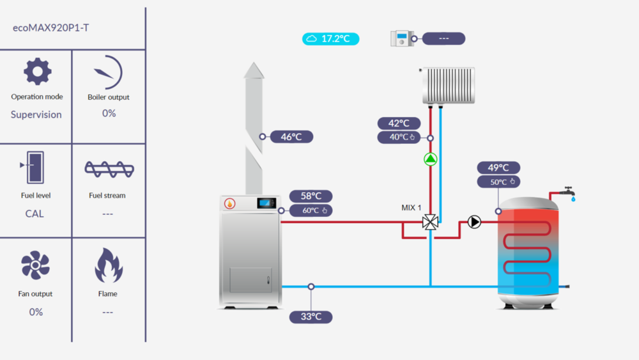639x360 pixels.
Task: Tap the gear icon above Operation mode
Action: [x=37, y=72]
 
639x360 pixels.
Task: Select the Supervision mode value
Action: [x=36, y=114]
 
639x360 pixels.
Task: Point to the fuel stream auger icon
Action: [x=109, y=169]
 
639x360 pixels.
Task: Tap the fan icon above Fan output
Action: [x=35, y=265]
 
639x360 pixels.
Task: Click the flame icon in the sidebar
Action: [x=108, y=265]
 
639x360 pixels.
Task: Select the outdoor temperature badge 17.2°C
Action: [x=330, y=39]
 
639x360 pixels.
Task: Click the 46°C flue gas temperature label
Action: [x=291, y=136]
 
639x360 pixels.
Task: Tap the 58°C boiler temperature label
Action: [x=311, y=196]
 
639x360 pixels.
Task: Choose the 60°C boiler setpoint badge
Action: [x=311, y=210]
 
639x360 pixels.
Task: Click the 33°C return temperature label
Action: [x=311, y=317]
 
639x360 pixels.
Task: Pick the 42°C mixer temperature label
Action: [x=399, y=123]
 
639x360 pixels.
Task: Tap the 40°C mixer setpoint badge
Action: [x=399, y=137]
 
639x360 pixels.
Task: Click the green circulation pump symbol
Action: [x=431, y=159]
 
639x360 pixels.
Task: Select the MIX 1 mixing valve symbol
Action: [x=431, y=222]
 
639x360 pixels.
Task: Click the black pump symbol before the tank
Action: [x=474, y=222]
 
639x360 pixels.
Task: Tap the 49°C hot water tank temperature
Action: [x=498, y=168]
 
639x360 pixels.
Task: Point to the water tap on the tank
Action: [x=566, y=192]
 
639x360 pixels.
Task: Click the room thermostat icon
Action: [x=403, y=38]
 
